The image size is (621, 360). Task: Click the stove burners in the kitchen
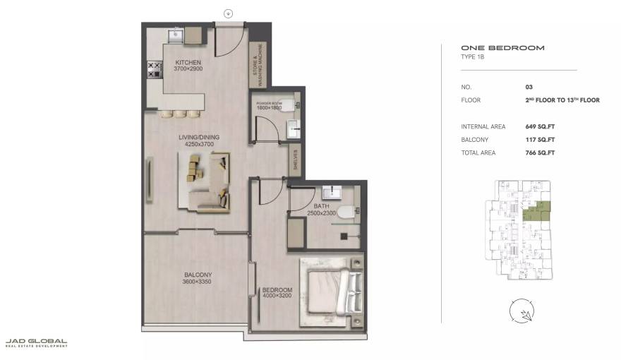(x=152, y=68)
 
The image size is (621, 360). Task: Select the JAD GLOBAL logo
(x=36, y=342)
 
